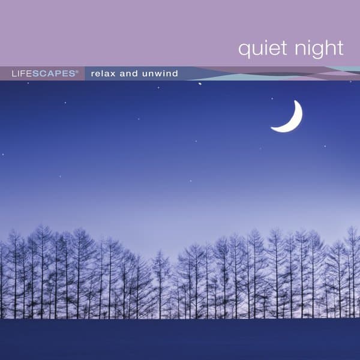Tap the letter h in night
[326, 48]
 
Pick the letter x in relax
[118, 74]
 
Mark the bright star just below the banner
[200, 84]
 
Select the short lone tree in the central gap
[161, 282]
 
